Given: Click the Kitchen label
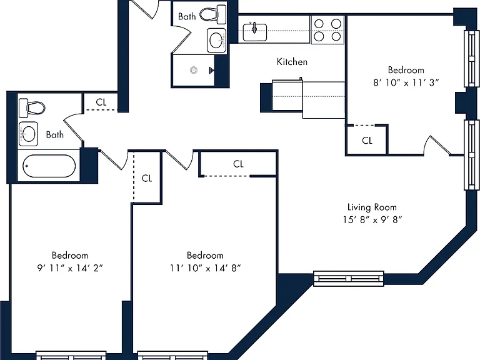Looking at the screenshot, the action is [292, 62].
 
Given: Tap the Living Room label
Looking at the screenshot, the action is [372, 207].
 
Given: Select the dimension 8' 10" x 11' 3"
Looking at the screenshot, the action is [406, 82].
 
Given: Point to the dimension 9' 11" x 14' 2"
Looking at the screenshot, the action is [70, 268].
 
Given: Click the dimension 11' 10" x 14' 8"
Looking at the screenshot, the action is [206, 268].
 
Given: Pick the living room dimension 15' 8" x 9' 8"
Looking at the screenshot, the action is [372, 219].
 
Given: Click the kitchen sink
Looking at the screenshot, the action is [255, 32].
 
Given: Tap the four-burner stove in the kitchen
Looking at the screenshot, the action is [327, 30].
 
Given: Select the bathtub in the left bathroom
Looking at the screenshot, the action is [49, 166].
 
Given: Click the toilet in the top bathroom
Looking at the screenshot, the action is [213, 14].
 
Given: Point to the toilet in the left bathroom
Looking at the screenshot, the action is [31, 107].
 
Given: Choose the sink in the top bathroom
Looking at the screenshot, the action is [217, 40].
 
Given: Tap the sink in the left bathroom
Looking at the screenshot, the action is [29, 134].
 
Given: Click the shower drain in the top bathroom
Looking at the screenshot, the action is [194, 70].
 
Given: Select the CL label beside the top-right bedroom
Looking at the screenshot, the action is [367, 141].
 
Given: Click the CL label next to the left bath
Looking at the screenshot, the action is [101, 102].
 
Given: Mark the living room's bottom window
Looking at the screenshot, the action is [349, 279].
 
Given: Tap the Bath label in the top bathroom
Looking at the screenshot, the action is [187, 16].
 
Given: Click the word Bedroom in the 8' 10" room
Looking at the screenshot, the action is [406, 70].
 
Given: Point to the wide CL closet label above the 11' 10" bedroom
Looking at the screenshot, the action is [238, 164].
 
